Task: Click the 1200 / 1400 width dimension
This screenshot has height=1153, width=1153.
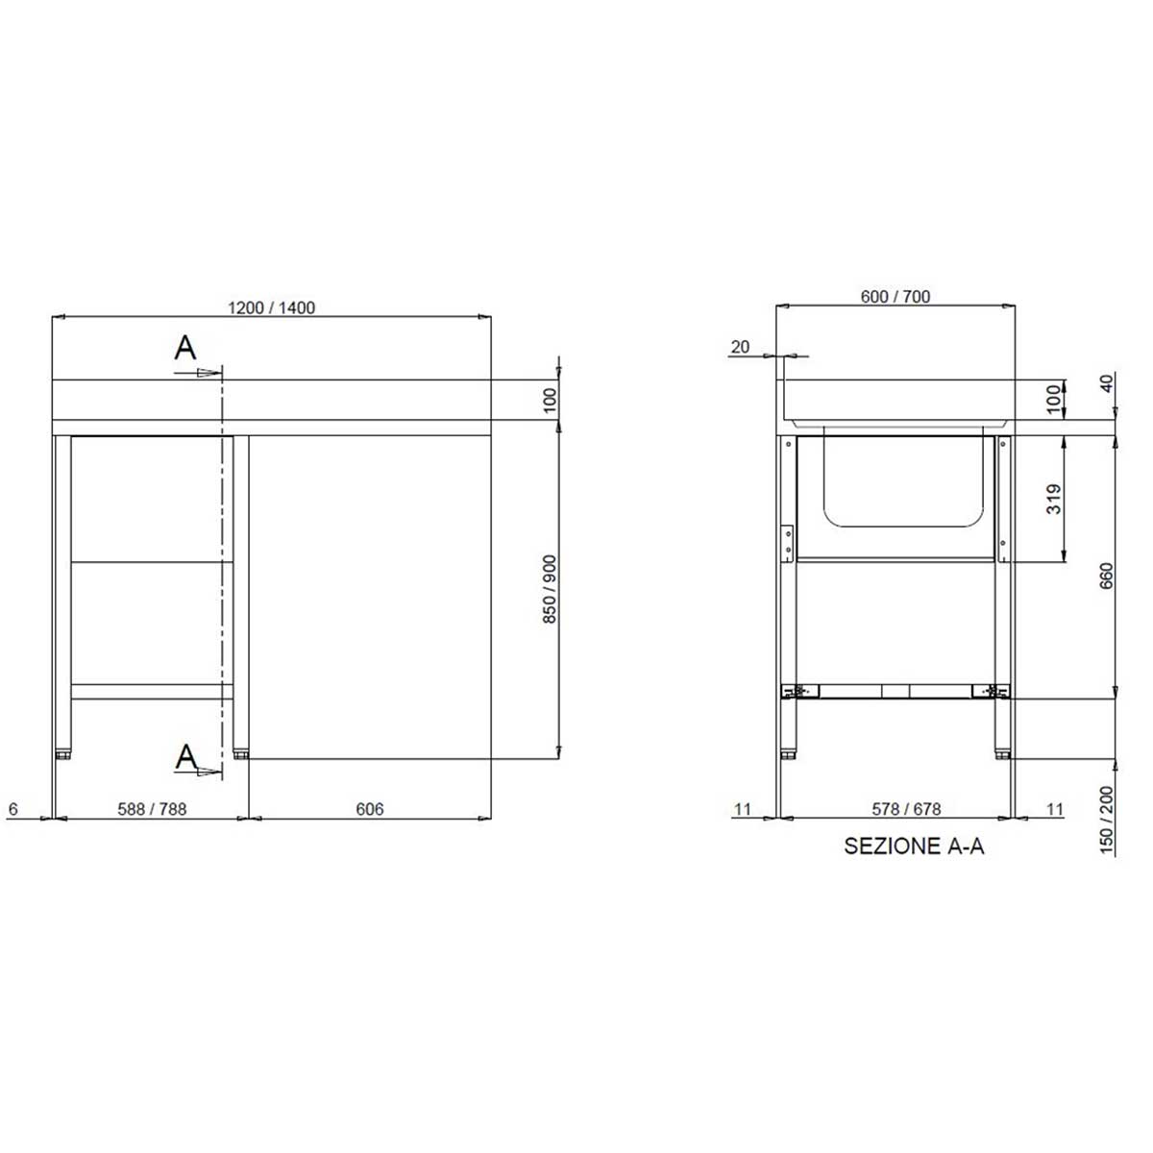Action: (x=271, y=307)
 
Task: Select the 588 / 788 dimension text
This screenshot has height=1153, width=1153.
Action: (x=152, y=809)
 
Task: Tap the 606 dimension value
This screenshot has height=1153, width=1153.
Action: (x=369, y=809)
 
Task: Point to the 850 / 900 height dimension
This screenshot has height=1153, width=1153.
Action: (x=550, y=589)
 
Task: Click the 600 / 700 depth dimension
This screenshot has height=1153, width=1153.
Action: (x=895, y=296)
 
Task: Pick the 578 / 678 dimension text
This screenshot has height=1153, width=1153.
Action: (x=906, y=809)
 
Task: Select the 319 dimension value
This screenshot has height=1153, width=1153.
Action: (x=1054, y=499)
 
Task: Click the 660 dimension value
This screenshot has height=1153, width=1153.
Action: (x=1106, y=576)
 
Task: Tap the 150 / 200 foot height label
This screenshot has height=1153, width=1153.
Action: (x=1106, y=820)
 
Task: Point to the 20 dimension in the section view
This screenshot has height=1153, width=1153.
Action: (x=740, y=347)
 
